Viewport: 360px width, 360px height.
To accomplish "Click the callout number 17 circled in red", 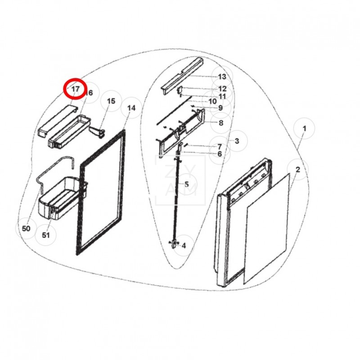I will [75, 89].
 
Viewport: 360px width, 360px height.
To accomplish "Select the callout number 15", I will [111, 102].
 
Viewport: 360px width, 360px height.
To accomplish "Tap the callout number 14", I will [131, 108].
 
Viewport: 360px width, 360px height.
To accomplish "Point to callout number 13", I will [222, 76].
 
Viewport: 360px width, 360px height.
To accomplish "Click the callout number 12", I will [222, 89].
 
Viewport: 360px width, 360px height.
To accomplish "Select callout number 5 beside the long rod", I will [186, 184].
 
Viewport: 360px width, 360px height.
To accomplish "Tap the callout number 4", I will [184, 246].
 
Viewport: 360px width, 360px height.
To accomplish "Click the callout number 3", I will [237, 141].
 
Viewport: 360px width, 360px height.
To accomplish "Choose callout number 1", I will [304, 129].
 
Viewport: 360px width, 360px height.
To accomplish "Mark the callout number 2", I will [298, 169].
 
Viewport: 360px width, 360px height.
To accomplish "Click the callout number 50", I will [26, 229].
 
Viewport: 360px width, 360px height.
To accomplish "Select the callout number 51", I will [46, 234].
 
